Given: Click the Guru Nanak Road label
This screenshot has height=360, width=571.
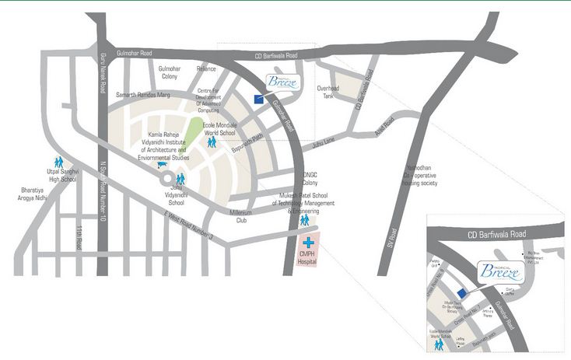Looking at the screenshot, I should [102, 72].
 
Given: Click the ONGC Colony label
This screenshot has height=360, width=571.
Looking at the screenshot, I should [310, 178].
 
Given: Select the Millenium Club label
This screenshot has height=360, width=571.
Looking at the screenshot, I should [247, 217].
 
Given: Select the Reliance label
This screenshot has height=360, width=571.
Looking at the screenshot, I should [204, 69].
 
